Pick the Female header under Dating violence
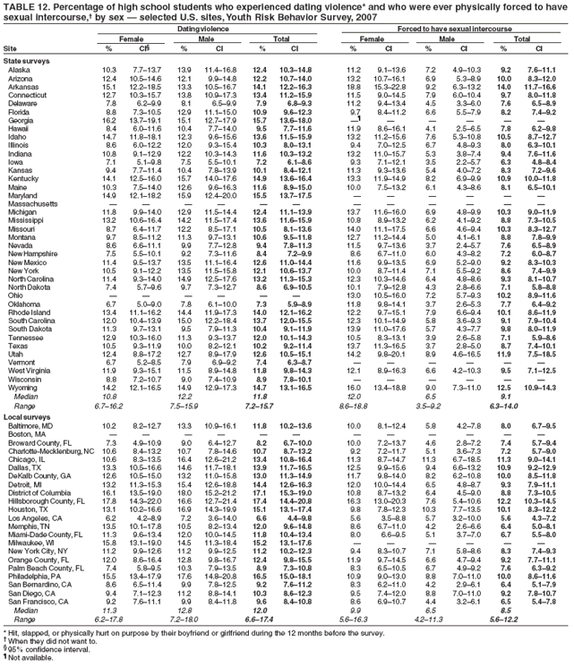124,38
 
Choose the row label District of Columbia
44,543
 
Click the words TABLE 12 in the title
23,6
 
